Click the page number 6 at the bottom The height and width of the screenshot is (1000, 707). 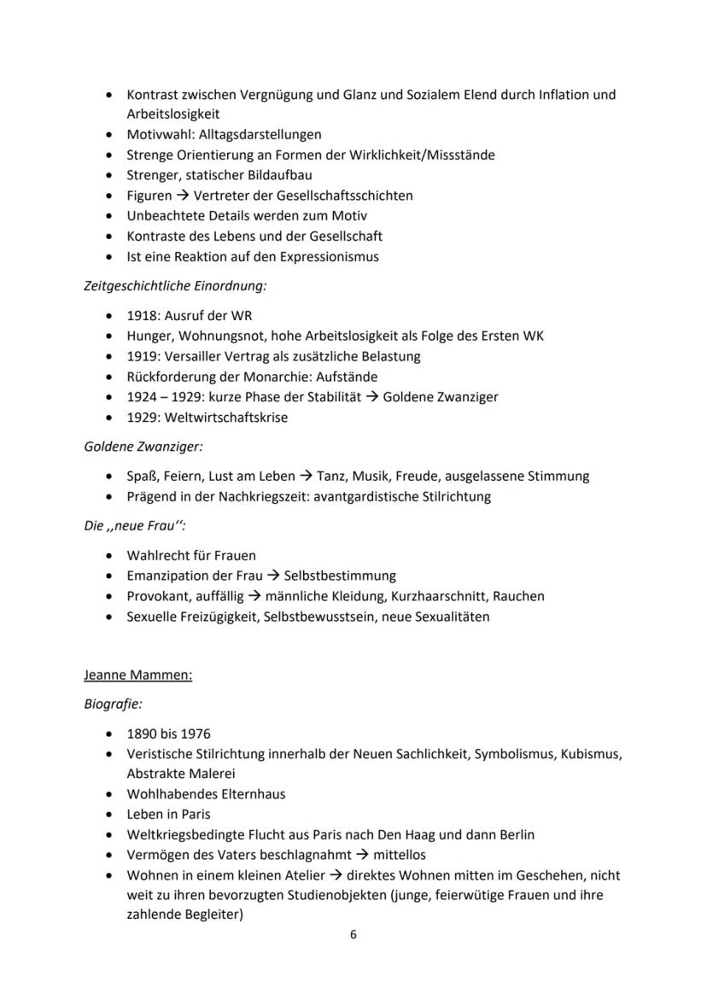353,934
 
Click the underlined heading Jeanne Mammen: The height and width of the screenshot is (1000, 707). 137,675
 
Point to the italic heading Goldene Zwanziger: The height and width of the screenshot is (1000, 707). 143,447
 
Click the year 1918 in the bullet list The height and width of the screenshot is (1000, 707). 141,315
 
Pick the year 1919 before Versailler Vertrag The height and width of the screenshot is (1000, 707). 141,356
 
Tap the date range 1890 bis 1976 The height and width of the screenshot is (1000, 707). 168,734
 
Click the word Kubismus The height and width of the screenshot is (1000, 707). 591,753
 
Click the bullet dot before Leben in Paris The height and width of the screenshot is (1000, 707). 108,815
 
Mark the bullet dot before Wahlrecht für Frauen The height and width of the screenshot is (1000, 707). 108,556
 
